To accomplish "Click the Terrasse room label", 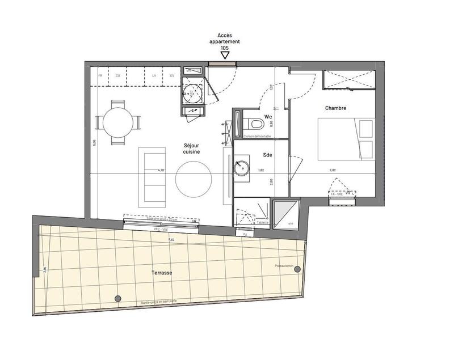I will [162, 273].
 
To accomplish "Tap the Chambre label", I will [335, 108].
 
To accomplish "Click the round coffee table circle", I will [194, 178].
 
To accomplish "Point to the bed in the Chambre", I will [346, 139].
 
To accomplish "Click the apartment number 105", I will [225, 48].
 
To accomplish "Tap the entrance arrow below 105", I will [225, 56].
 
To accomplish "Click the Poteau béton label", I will [285, 265].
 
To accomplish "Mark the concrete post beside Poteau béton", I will [297, 270].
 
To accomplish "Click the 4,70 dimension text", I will [161, 170].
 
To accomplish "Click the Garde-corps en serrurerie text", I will [159, 302].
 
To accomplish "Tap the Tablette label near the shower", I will [262, 223].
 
